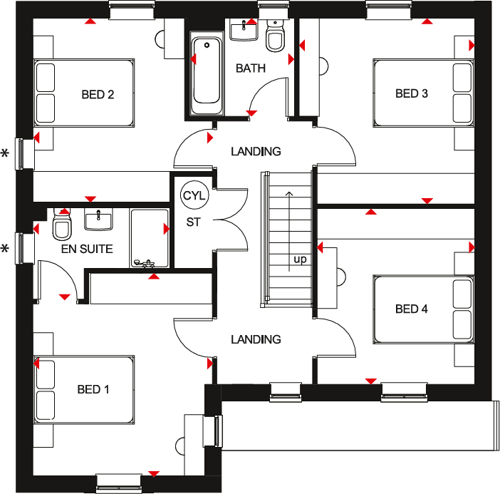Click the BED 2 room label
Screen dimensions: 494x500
98,93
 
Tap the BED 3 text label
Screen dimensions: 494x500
412,93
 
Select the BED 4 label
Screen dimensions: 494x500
412,309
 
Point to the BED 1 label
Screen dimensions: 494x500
93,389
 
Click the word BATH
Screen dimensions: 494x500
251,68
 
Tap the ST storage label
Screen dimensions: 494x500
193,222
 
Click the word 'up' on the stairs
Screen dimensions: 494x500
300,259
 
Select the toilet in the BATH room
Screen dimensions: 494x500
274,36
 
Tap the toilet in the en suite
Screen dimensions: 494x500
62,226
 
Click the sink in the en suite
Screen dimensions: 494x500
98,220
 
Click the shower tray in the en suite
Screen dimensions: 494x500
150,238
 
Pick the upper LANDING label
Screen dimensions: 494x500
256,151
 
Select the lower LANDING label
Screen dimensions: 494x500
256,339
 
